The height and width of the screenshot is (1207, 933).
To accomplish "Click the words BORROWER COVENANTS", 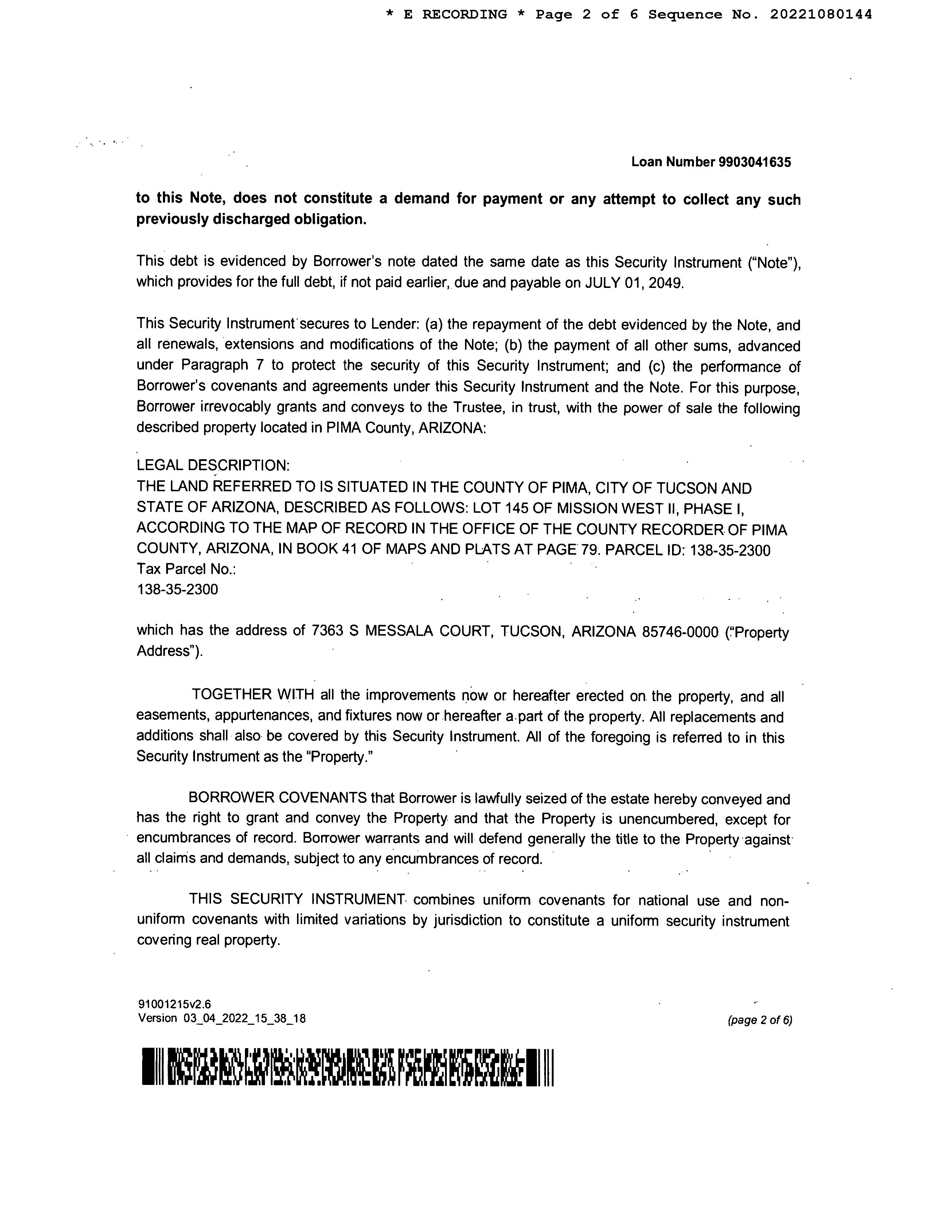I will click(277, 798).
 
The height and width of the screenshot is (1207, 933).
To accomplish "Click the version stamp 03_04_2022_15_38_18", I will click(244, 1018).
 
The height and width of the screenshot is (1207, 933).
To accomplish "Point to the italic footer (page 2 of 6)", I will click(760, 1020).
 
